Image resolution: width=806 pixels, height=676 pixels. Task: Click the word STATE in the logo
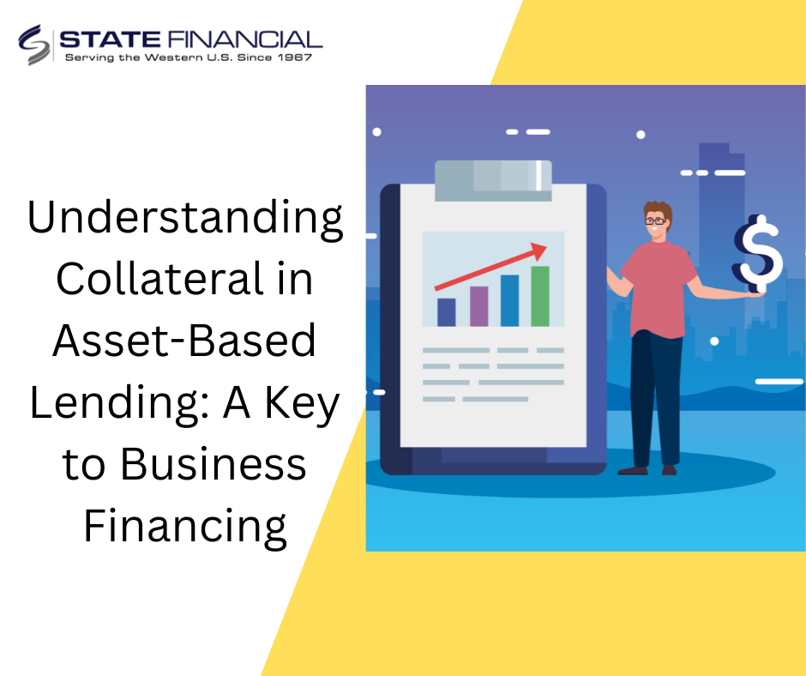pos(110,39)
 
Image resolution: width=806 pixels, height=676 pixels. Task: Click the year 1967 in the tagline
pos(295,57)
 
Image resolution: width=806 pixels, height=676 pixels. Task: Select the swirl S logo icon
pos(34,45)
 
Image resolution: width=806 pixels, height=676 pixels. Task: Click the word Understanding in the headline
pos(184,218)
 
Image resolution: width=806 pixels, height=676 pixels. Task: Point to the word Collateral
pos(159,278)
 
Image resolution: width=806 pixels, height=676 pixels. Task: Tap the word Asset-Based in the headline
pos(184,340)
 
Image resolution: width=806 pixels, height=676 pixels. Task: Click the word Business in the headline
pos(214,464)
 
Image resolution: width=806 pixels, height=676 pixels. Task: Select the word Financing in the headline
pos(185,527)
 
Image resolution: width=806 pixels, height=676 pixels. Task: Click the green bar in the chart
pos(539,296)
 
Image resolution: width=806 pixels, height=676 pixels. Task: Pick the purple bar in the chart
pos(479,306)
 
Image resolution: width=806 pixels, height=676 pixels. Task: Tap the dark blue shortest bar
pos(446,312)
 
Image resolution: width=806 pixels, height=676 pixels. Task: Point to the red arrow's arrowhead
pos(538,250)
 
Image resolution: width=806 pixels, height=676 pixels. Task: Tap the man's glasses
pos(655,221)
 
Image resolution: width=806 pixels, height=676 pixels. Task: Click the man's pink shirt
pos(659,289)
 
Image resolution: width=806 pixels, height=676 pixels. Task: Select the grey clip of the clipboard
pos(493,180)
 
